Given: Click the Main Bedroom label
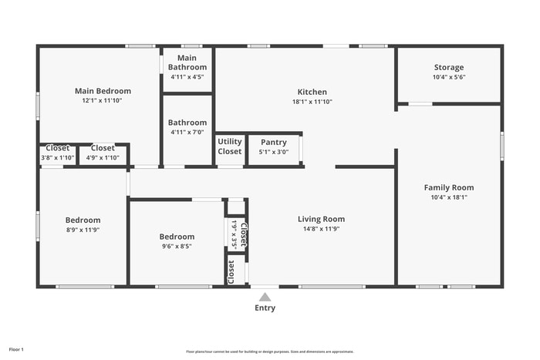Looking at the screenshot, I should tap(103, 91).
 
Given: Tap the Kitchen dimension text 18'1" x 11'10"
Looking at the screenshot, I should tap(312, 102).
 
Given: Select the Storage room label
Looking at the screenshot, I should tap(448, 67).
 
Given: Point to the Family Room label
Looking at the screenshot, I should tap(448, 187).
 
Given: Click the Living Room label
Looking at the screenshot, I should tap(321, 219).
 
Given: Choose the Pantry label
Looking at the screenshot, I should tap(273, 143).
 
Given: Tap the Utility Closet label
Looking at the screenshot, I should tap(229, 146).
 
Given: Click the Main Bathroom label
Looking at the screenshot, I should tap(187, 62).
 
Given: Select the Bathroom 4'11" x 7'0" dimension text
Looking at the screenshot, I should tap(187, 133).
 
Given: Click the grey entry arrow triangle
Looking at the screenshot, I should tap(265, 297).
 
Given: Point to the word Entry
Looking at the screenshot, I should tap(265, 308).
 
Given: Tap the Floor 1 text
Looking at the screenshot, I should tap(16, 349).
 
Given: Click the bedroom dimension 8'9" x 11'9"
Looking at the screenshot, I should tap(82, 230).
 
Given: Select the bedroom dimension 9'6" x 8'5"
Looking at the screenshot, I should tap(177, 247).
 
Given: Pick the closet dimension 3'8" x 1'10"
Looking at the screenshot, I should tap(58, 157).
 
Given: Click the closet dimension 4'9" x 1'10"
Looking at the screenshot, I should tap(103, 157).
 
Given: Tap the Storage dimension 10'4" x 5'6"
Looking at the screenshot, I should tap(448, 77).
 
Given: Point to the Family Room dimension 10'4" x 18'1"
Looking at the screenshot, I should tap(448, 197).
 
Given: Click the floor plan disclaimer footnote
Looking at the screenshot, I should tap(270, 351).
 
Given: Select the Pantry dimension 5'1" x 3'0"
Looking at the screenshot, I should tap(273, 152).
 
